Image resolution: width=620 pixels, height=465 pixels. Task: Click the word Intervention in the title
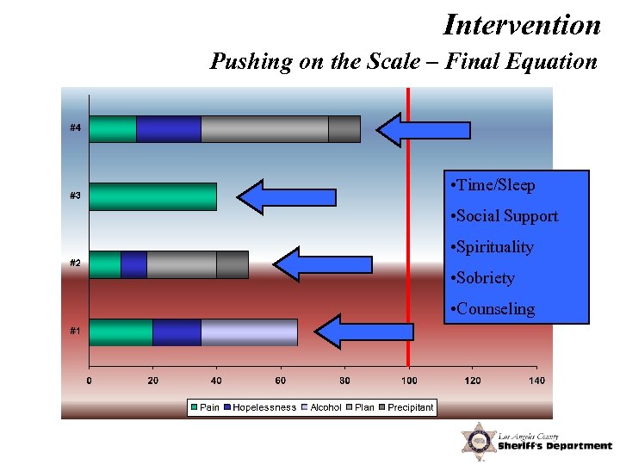[x=522, y=24]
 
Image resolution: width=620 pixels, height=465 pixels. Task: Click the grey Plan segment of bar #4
[x=264, y=128]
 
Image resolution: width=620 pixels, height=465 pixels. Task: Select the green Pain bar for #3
[x=152, y=196]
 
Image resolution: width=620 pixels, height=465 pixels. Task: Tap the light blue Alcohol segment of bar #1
[x=249, y=332]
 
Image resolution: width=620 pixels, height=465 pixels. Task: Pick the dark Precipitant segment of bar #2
[x=232, y=264]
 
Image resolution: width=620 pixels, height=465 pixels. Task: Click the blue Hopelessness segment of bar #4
[x=169, y=128]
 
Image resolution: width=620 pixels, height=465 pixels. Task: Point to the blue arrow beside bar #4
[x=424, y=130]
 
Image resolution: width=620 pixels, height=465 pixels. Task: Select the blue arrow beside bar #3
[x=286, y=197]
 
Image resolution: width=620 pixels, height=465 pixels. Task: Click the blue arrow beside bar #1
[x=364, y=332]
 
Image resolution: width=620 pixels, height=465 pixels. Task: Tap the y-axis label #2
[x=76, y=263]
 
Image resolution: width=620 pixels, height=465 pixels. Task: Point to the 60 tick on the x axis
[x=281, y=380]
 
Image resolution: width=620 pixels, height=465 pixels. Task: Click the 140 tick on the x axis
[x=536, y=380]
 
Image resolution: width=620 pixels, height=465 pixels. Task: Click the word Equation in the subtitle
[x=549, y=62]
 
